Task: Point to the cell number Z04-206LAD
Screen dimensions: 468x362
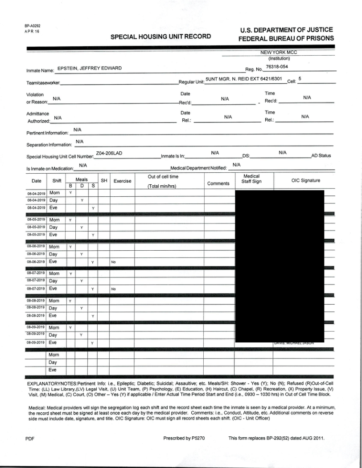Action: tap(109, 153)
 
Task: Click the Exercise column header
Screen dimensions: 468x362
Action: tap(122, 181)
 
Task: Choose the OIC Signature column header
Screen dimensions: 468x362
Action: tap(305, 180)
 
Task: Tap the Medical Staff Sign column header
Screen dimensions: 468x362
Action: tap(252, 179)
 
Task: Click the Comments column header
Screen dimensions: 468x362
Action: tap(218, 183)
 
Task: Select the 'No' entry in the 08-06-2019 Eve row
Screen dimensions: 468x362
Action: tap(113, 262)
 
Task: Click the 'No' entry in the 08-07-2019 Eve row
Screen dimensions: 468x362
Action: tap(113, 289)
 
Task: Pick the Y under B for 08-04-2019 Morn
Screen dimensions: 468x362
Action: tap(70, 192)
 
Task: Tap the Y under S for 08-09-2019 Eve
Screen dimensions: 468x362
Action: tap(93, 343)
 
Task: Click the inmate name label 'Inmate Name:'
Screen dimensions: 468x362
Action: tap(40, 70)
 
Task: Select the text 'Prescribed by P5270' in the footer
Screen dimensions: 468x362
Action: tap(184, 438)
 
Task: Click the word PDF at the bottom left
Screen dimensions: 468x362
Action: tap(30, 439)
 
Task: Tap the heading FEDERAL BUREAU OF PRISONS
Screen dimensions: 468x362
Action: tap(286, 38)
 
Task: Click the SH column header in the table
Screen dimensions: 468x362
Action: tap(104, 181)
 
